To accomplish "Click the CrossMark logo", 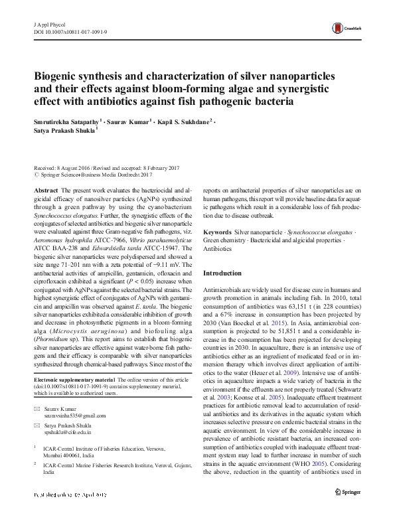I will (x=349, y=27).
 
